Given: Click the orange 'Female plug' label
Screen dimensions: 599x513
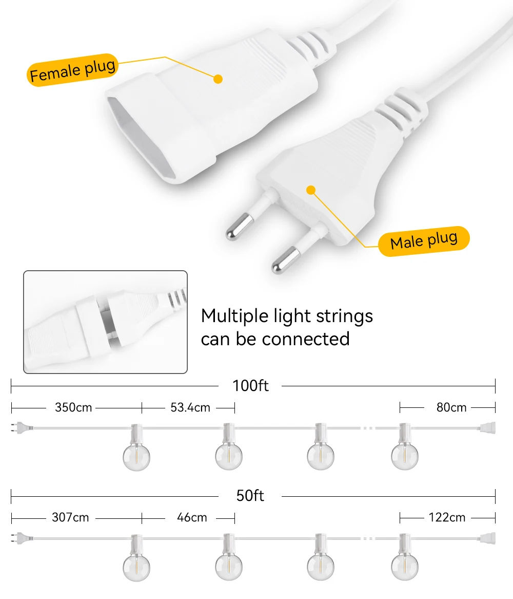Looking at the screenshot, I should click(x=72, y=71).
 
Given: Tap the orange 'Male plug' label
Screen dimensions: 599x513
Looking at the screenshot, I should click(x=423, y=241).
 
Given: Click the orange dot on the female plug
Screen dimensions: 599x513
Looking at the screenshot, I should click(x=218, y=79).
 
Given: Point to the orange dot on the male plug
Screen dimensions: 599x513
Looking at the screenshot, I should click(x=310, y=190).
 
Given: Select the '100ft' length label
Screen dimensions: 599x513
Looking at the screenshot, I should click(x=250, y=385).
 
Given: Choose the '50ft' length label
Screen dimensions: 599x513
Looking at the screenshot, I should click(x=250, y=496).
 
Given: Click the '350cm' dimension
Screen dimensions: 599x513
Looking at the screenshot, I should click(x=73, y=407).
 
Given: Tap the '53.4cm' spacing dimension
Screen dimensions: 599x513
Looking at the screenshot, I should click(x=190, y=407).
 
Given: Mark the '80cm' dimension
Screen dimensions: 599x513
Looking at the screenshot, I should click(x=451, y=407).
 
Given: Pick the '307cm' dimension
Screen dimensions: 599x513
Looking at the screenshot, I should click(x=70, y=517).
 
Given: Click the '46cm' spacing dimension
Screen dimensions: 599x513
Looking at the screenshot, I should click(x=192, y=517).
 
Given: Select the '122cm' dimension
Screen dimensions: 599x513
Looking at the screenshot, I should click(x=447, y=517).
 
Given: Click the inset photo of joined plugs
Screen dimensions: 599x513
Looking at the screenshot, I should click(x=105, y=322).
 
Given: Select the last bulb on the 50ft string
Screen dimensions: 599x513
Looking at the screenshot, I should click(x=404, y=566).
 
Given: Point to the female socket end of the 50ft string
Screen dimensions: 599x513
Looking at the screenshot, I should click(x=487, y=538).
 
